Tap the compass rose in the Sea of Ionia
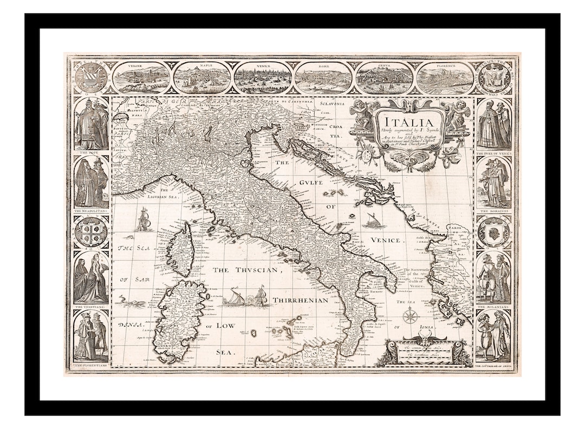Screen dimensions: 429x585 click(x=410, y=315)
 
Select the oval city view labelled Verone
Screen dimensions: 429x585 click(x=141, y=77)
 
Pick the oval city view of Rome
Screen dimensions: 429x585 click(x=323, y=77)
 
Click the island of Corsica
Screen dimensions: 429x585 click(x=180, y=250)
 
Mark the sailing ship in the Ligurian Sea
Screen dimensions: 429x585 click(x=143, y=219)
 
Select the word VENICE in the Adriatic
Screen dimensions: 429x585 click(x=385, y=240)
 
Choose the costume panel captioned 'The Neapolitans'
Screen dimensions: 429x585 click(x=91, y=182)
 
